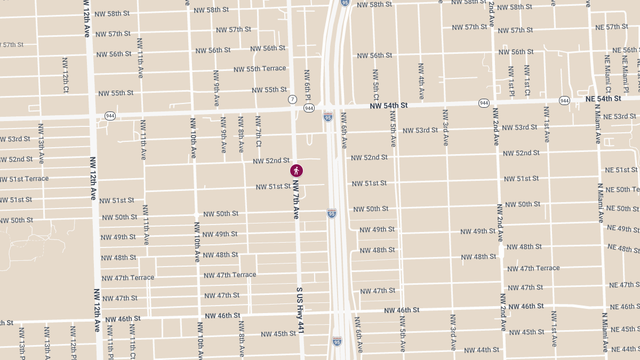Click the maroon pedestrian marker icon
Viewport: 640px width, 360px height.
pos(297,171)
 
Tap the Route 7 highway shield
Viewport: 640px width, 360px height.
pos(292,100)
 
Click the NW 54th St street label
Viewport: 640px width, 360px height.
pos(389,106)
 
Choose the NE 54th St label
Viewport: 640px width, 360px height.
pos(603,99)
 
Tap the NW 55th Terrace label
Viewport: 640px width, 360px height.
pos(260,69)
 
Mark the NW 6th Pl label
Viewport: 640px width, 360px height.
pos(307,85)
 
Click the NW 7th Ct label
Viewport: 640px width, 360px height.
pos(258,131)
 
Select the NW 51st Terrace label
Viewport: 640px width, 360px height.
pos(24,179)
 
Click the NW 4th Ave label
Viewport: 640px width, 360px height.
pos(421,81)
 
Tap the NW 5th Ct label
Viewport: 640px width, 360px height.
pos(376,84)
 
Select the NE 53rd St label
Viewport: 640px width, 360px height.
pos(619,116)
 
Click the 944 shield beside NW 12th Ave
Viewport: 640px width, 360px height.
pos(110,116)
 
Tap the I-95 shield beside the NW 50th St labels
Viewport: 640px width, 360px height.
pos(332,213)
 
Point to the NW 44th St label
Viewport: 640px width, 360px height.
pos(482,350)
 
